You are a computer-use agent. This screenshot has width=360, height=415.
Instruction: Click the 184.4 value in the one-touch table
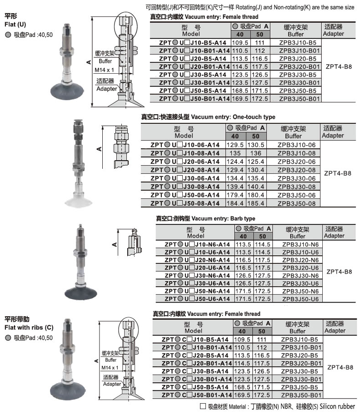pyautogui.click(x=235, y=203)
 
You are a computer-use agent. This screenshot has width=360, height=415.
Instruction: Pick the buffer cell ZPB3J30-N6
pyautogui.click(x=300, y=275)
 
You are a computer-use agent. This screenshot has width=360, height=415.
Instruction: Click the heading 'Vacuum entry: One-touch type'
pyautogui.click(x=233, y=117)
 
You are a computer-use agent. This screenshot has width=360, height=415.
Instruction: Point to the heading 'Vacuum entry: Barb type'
pyautogui.click(x=223, y=218)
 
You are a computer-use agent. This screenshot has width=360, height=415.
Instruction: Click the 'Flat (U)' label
pyautogui.click(x=15, y=25)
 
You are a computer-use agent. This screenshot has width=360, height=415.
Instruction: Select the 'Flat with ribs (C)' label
pyautogui.click(x=29, y=328)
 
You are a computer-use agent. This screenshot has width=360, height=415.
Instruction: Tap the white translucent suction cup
pyautogui.click(x=79, y=200)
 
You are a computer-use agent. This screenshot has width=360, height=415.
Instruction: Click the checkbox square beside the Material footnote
pyautogui.click(x=203, y=406)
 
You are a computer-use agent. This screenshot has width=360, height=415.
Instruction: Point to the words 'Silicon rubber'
pyautogui.click(x=337, y=406)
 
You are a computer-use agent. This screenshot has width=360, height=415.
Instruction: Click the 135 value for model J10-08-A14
pyautogui.click(x=235, y=153)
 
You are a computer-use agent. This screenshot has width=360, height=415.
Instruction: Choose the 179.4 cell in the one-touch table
pyautogui.click(x=235, y=195)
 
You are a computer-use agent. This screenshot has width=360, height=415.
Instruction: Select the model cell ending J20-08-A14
pyautogui.click(x=185, y=170)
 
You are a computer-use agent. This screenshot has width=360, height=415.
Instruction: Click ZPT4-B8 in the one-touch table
pyautogui.click(x=338, y=174)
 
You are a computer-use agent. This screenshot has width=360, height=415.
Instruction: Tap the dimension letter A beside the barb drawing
pyautogui.click(x=115, y=244)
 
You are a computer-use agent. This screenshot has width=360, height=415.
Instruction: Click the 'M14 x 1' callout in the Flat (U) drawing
pyautogui.click(x=104, y=70)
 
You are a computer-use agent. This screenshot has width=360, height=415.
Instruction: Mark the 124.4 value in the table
pyautogui.click(x=235, y=162)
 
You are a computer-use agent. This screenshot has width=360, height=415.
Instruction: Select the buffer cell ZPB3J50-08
pyautogui.click(x=296, y=203)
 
